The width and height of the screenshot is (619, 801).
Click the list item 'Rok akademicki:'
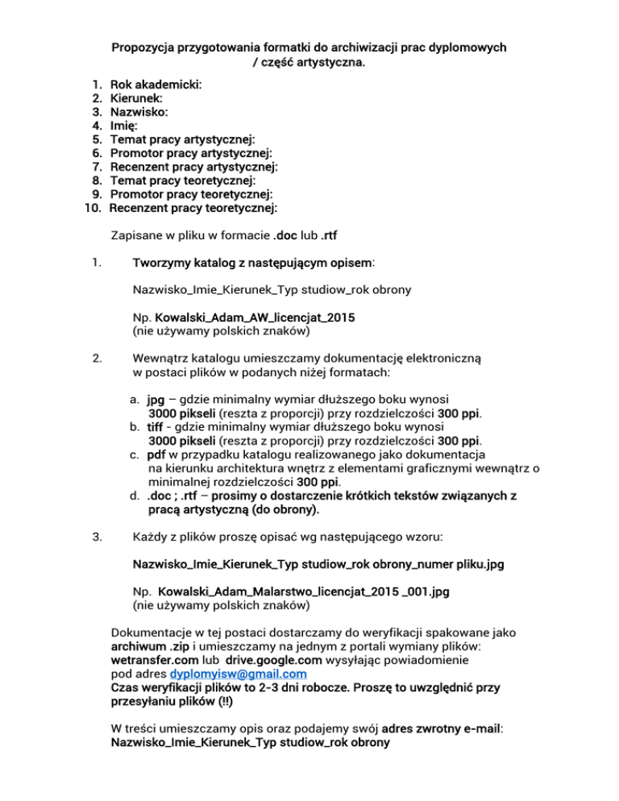coord(156,84)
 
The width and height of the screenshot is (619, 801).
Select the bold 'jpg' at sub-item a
coord(156,399)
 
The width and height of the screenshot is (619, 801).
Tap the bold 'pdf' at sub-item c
coord(156,454)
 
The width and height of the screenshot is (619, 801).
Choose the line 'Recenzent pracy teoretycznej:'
coord(193,209)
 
